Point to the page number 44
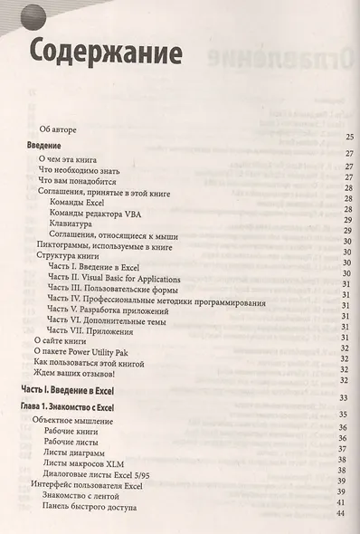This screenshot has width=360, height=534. pyautogui.click(x=342, y=514)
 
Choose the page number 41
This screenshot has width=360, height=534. pyautogui.click(x=342, y=501)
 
